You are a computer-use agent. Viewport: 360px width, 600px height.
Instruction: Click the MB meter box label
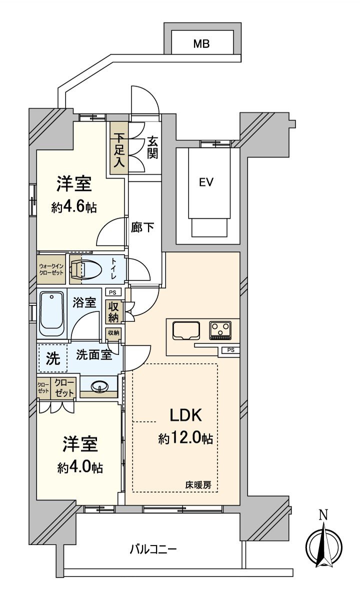(201, 43)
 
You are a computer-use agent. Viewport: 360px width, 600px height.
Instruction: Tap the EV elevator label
(206, 182)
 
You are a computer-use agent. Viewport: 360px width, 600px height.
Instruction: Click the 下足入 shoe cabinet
(118, 148)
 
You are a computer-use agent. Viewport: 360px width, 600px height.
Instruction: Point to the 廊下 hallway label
(142, 227)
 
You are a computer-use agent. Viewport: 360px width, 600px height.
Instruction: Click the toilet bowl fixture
(86, 269)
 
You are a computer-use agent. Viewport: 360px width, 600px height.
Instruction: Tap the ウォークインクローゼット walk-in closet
(51, 269)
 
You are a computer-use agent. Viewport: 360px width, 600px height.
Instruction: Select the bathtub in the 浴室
(52, 314)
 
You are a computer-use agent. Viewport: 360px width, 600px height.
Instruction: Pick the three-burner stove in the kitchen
(220, 330)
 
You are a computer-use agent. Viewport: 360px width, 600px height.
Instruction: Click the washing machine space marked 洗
(53, 358)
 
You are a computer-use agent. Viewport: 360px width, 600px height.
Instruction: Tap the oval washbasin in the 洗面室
(99, 386)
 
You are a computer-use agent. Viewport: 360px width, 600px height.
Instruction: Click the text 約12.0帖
(185, 438)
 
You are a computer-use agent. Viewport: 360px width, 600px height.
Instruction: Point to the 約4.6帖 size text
(74, 207)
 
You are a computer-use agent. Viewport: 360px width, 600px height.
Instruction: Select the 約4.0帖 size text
(80, 467)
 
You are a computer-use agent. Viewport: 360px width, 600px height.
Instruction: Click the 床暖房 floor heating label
(198, 484)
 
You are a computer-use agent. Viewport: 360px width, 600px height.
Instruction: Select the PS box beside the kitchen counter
(230, 350)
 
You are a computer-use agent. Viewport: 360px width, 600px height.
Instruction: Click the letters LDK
(186, 415)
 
